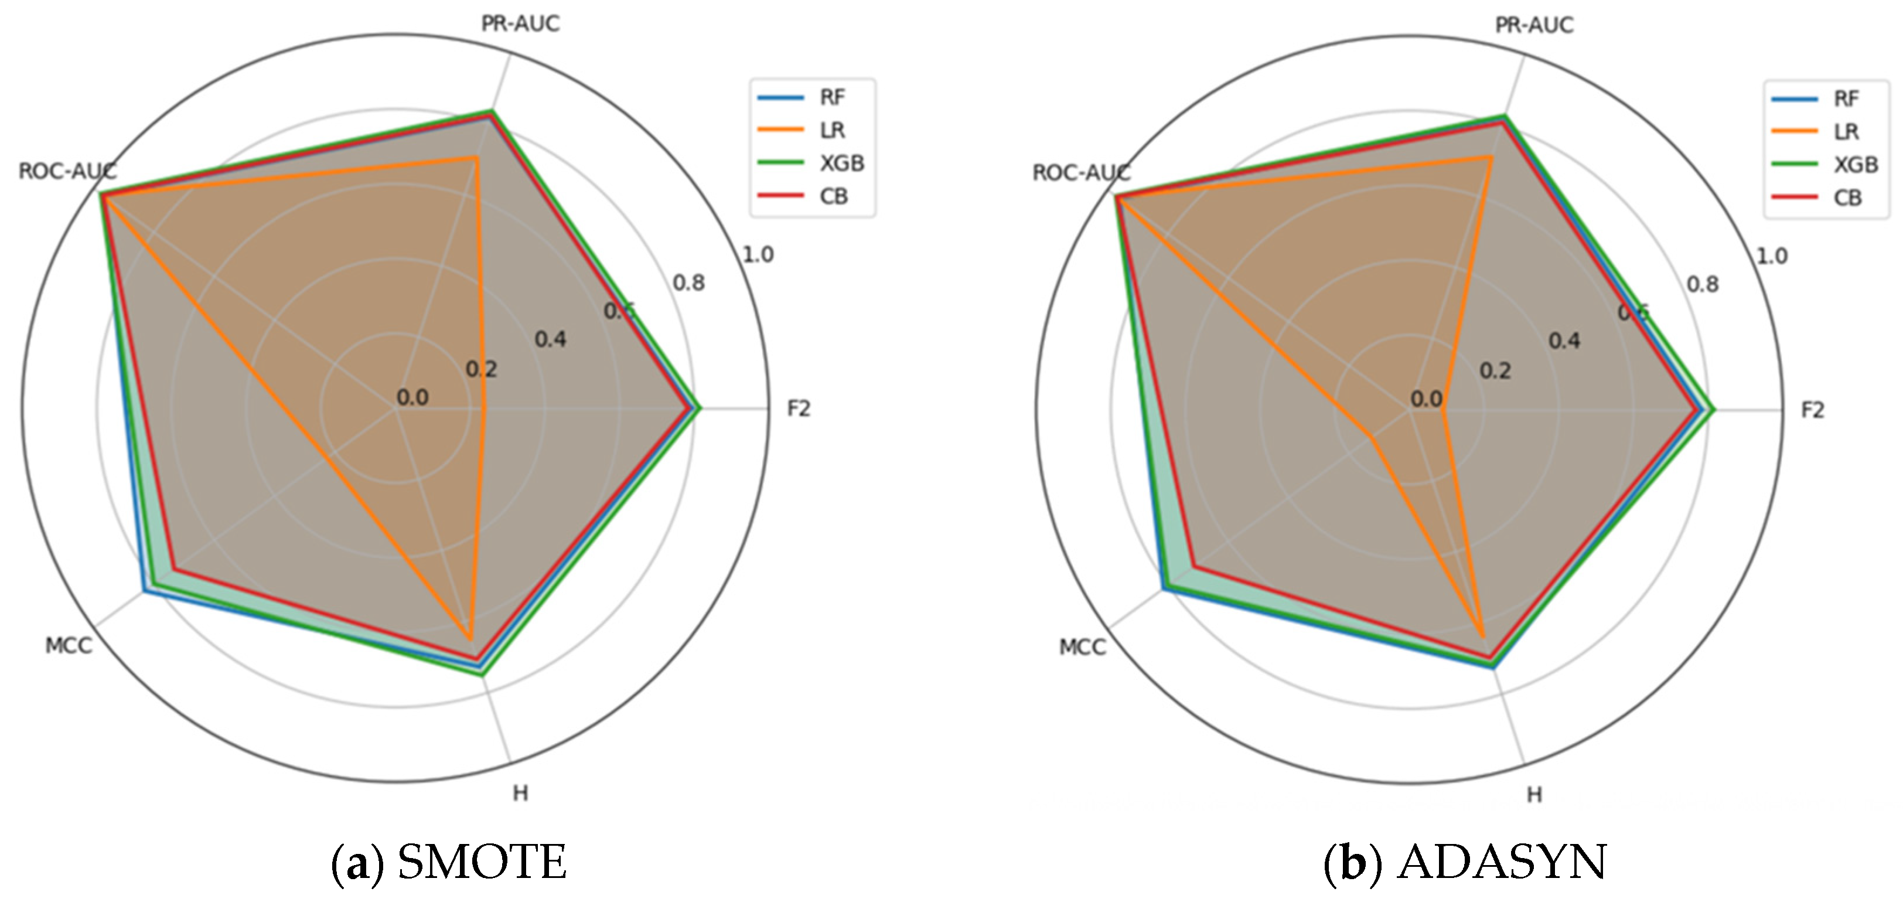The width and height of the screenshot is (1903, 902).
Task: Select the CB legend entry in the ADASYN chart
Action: point(1847,198)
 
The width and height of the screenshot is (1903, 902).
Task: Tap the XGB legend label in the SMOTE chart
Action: point(841,164)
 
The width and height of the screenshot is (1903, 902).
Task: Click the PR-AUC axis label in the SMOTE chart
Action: point(520,23)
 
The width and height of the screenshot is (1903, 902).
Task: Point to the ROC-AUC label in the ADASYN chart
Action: point(1081,173)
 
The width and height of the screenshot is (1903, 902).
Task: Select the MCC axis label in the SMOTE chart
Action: point(69,646)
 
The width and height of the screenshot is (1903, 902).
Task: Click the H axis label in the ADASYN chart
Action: point(1534,795)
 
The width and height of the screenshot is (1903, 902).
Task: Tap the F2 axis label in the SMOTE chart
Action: point(799,409)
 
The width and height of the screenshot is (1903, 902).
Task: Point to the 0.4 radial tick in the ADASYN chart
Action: point(1564,341)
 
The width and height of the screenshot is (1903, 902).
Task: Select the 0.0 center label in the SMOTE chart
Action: point(412,397)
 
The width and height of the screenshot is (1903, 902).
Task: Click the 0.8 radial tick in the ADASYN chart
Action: point(1702,284)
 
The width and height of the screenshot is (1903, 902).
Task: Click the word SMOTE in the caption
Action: point(482,862)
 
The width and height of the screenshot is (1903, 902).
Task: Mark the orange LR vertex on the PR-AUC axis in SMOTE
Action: point(476,157)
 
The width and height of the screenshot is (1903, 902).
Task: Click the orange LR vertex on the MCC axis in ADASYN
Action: point(1371,436)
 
